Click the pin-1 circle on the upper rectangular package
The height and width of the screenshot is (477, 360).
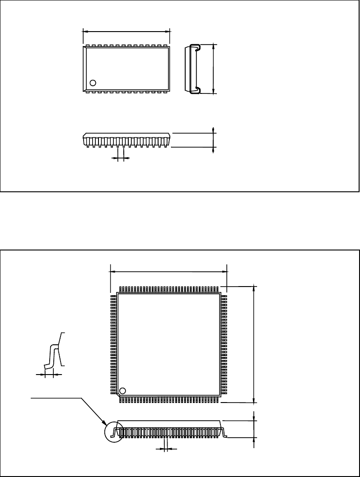tap(93, 83)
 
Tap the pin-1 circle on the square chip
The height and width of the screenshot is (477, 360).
tap(122, 391)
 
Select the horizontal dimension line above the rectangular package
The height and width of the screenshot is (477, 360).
tap(126, 32)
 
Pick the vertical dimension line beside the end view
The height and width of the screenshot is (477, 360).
tap(213, 69)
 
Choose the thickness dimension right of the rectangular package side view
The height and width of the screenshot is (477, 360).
tap(213, 140)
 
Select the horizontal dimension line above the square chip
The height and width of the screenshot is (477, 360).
tap(168, 272)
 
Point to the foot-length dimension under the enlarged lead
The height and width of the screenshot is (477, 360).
tap(49, 374)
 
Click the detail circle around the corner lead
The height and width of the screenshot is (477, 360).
tap(113, 432)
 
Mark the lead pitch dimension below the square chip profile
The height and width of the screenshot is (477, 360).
tap(166, 449)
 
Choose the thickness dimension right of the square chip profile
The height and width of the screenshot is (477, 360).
tap(255, 429)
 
